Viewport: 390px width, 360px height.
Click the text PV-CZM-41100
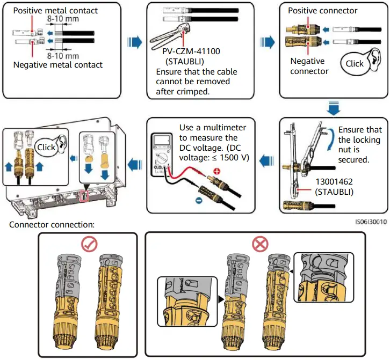point(191,52)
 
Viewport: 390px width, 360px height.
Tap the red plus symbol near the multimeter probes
point(217,171)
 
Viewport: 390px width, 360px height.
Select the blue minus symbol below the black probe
point(199,200)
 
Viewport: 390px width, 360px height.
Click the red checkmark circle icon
point(89,244)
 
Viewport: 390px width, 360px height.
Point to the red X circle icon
point(260,244)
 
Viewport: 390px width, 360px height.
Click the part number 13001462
point(334,182)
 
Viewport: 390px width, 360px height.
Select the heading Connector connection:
point(52,225)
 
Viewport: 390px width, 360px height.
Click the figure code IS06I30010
point(371,222)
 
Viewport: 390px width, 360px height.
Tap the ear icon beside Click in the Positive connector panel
point(374,60)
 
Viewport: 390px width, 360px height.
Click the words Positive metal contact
point(55,10)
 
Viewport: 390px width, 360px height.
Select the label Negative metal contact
point(57,65)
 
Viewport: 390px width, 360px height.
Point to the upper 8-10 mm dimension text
point(63,19)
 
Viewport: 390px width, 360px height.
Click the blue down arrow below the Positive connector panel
point(333,108)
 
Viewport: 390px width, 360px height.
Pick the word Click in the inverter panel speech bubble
point(46,148)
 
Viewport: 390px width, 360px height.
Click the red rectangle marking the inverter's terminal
point(84,196)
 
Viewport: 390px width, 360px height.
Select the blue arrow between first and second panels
point(134,42)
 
